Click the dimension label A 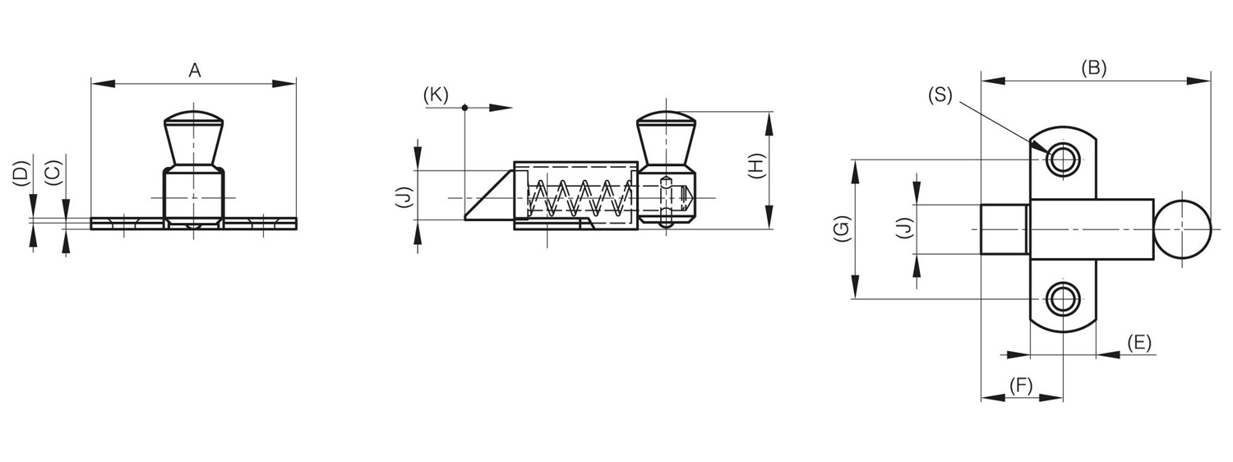point(195,71)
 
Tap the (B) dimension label point(1093,67)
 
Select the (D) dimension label point(21,174)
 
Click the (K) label point(436,95)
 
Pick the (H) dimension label point(756,166)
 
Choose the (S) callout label point(940,95)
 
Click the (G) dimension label point(842,229)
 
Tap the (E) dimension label point(1138,343)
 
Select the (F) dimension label point(1021,386)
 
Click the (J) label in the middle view point(404,197)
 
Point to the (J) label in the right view point(904,228)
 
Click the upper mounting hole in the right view point(1063,159)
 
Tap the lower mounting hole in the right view point(1063,299)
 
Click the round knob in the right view point(1183,229)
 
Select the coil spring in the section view point(579,197)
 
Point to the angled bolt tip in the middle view point(489,196)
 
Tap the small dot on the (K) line point(464,108)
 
